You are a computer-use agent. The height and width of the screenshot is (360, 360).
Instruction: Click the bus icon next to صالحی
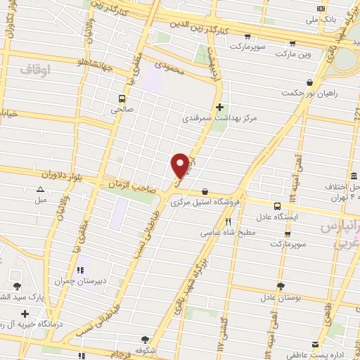point(122,99)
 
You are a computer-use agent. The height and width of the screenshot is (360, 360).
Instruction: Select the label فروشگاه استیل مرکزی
point(205,201)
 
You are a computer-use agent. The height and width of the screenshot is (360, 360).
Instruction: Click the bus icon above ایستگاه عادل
point(277,206)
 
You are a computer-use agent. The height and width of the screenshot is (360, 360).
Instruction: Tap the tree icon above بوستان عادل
point(281,286)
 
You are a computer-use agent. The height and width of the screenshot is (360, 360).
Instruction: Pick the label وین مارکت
point(293,53)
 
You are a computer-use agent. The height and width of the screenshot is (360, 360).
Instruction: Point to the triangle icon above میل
point(41,189)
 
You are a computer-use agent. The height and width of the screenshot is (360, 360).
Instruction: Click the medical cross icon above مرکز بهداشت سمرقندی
point(220,107)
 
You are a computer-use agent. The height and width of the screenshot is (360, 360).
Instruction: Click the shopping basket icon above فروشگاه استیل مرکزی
point(205,191)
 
